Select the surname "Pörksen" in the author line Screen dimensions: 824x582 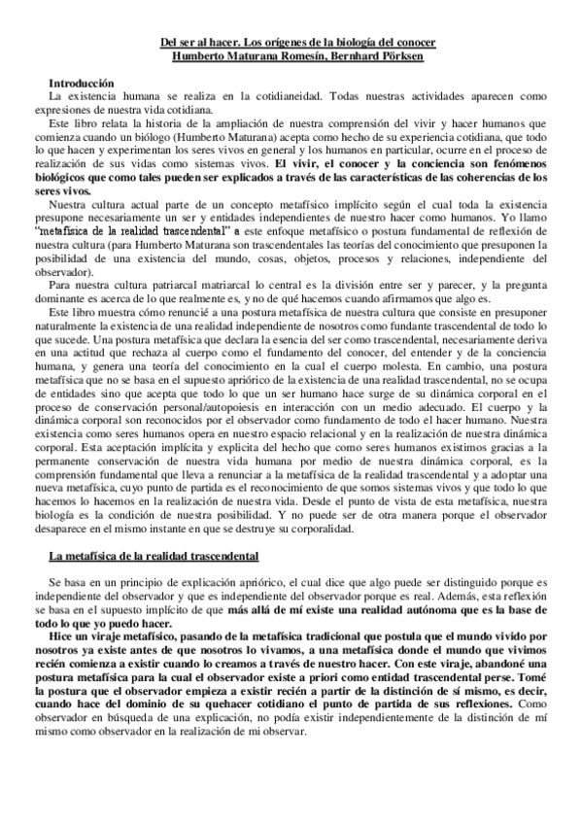[399, 56]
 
